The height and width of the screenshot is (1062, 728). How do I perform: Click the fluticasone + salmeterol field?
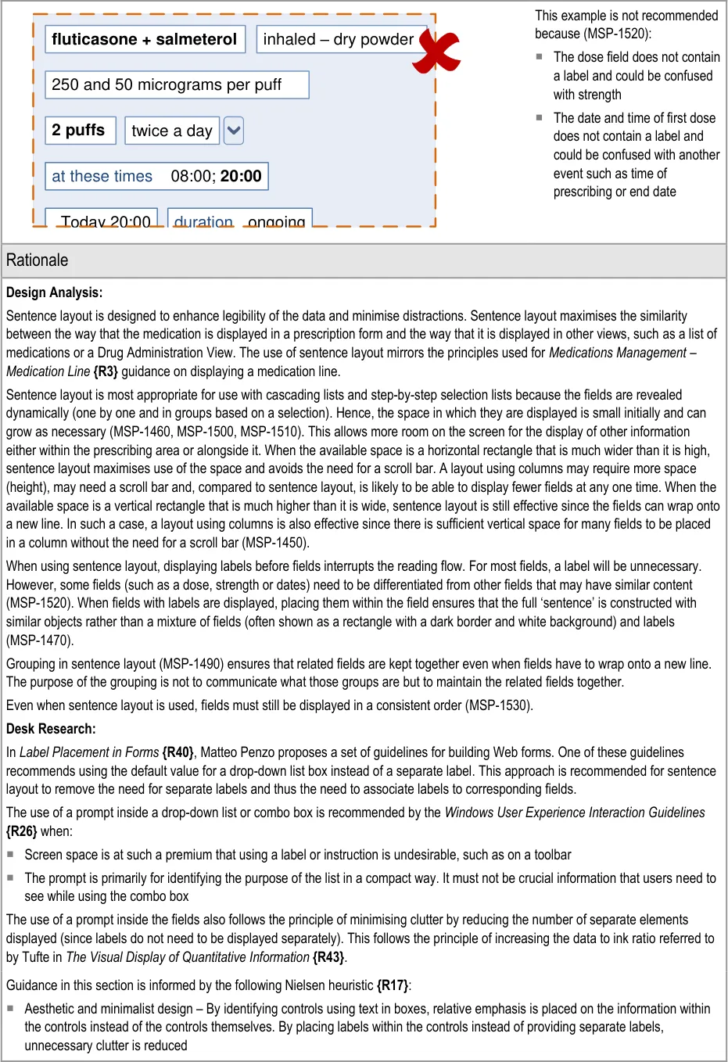tap(145, 39)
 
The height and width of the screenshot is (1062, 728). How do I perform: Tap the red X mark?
tap(438, 52)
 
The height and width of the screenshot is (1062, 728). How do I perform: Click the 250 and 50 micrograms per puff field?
tap(177, 84)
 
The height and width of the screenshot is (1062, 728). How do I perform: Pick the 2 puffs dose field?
tap(80, 130)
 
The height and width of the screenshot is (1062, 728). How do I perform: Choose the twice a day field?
tap(172, 131)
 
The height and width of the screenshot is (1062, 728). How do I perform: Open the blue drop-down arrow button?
tap(234, 131)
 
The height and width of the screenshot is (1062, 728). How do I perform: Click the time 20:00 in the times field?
tap(241, 176)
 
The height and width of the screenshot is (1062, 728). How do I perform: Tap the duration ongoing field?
tap(239, 219)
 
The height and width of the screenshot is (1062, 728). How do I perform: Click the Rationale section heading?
tap(38, 260)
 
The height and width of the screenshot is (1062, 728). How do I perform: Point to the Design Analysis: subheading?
tap(54, 292)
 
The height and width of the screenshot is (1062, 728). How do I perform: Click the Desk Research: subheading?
tap(51, 729)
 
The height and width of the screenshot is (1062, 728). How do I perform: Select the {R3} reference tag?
tap(106, 371)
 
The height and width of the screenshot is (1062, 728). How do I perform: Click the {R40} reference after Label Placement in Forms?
tap(178, 752)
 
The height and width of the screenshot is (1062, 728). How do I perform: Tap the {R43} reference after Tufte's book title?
tap(329, 957)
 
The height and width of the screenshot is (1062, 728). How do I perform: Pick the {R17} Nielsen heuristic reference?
tap(393, 985)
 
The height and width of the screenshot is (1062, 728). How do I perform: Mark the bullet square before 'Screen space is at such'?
tap(11, 854)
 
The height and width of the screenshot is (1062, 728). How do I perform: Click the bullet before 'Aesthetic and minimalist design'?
tap(11, 1008)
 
